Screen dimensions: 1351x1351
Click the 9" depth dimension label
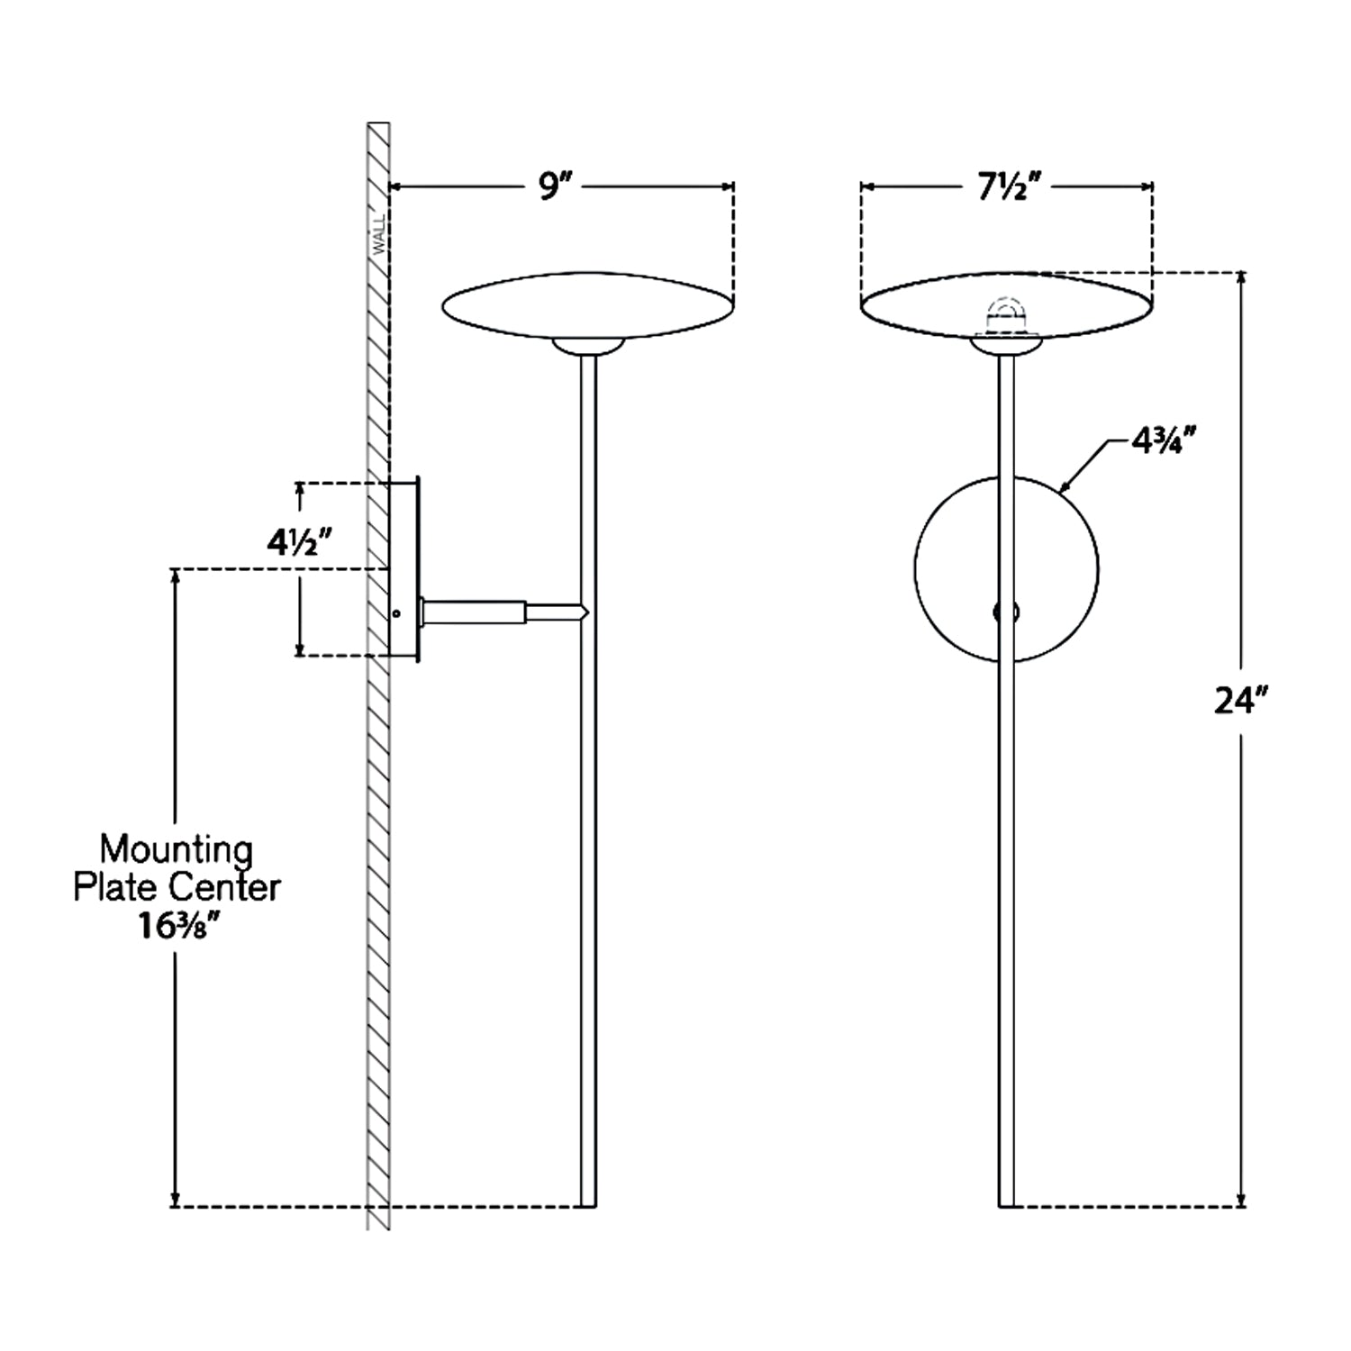pos(550,186)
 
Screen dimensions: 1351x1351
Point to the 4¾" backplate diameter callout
pos(1165,442)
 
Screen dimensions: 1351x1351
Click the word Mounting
pos(177,848)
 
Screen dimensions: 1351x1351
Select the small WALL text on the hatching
pos(378,233)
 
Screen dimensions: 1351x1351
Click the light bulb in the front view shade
pos(1006,316)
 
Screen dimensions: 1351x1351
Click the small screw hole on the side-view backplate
pos(396,613)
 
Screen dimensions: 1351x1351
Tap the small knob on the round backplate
pos(1006,612)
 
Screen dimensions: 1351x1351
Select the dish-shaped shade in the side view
pos(587,307)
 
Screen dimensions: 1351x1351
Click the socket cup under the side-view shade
pos(587,346)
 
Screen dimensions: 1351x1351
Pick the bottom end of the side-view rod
pos(587,1206)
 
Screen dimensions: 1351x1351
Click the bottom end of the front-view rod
pos(1006,1206)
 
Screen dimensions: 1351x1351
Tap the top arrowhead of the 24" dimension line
pos(1242,278)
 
